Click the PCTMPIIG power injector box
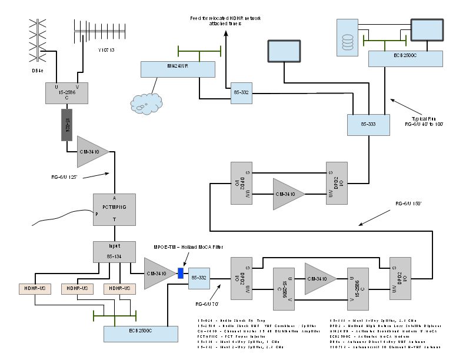point(114,209)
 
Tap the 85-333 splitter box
point(369,124)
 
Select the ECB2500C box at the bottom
point(136,333)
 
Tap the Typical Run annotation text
point(424,121)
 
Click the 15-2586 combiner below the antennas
point(66,93)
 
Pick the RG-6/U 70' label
point(207,304)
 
